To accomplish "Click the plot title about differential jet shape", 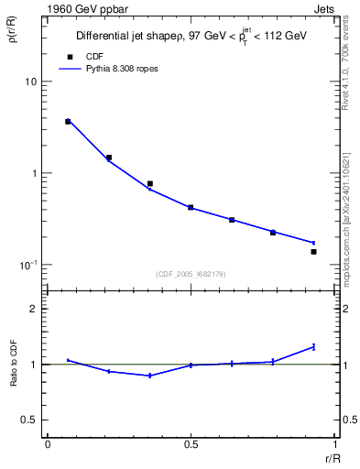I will click(191, 36).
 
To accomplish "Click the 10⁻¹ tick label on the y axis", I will click(28, 265).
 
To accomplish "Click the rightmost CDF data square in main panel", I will click(313, 251).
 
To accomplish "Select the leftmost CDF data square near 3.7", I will click(68, 121).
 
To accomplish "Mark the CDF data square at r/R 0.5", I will click(191, 208).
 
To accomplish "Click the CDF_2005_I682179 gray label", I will click(191, 273).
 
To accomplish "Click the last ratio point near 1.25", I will click(313, 346).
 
